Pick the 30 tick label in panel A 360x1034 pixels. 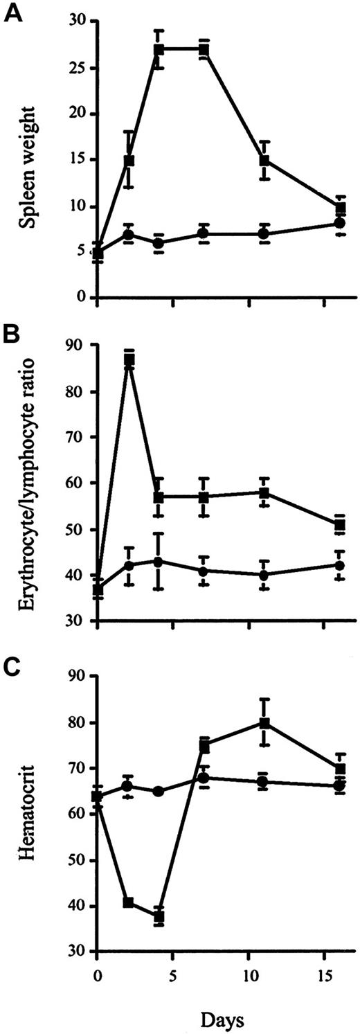point(81,22)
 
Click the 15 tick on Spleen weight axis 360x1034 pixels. point(81,160)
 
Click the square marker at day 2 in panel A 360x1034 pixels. point(128,160)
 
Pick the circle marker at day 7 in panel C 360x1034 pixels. point(204,778)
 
